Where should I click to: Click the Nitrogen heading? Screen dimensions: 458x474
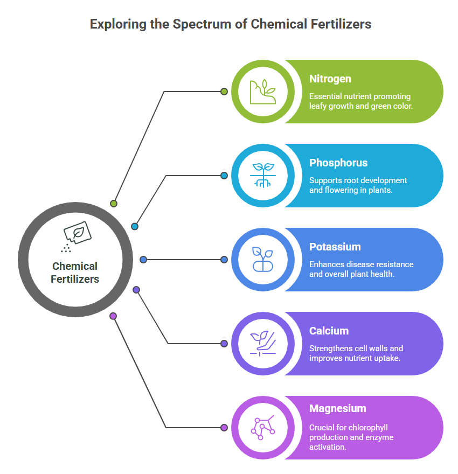[330, 79]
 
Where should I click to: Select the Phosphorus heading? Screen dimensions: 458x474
[338, 163]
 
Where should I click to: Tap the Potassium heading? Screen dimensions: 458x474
[335, 247]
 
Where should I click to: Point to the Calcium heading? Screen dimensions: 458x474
[329, 331]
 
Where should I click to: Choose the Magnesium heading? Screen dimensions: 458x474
[338, 409]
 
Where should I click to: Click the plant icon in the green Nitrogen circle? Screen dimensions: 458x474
[263, 92]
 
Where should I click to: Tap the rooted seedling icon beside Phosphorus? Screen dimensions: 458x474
[263, 176]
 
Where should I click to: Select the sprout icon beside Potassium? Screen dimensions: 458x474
[263, 260]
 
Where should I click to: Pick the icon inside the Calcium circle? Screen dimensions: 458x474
[263, 344]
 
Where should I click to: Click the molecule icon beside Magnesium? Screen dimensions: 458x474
[263, 428]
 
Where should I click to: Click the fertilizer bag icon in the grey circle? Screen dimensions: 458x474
[76, 236]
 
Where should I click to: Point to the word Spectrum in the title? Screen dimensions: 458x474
[202, 24]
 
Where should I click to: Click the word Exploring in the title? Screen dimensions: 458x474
[118, 24]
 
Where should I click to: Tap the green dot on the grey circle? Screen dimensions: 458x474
[114, 204]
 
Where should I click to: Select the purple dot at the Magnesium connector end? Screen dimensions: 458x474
[224, 428]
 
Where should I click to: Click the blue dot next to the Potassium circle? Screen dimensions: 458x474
[224, 260]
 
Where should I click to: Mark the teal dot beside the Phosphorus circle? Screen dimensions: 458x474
[224, 176]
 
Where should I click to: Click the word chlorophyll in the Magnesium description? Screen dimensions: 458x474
[368, 428]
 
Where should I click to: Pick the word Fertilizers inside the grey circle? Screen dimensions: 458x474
[75, 279]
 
